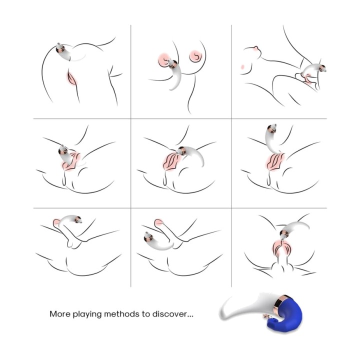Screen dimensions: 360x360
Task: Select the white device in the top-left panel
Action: point(65,53)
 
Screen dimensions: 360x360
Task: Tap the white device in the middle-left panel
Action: point(66,156)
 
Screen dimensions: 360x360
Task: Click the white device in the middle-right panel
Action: point(272,139)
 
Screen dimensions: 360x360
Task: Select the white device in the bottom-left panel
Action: point(69,219)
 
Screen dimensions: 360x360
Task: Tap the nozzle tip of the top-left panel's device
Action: point(58,44)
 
